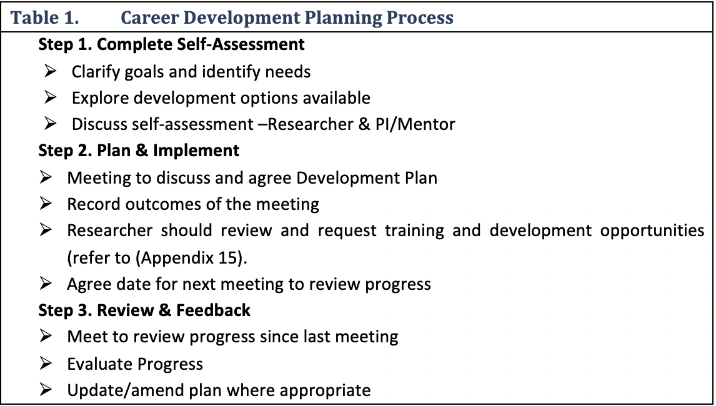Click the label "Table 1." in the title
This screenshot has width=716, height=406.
pyautogui.click(x=44, y=17)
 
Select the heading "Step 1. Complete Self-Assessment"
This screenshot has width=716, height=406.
pyautogui.click(x=171, y=44)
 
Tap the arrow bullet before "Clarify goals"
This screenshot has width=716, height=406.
pyautogui.click(x=50, y=71)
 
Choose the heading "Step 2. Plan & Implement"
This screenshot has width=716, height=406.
pyautogui.click(x=139, y=151)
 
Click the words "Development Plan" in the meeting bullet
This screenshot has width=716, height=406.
pyautogui.click(x=367, y=177)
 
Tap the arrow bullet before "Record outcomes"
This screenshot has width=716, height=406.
pyautogui.click(x=46, y=204)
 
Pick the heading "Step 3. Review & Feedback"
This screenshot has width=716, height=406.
pyautogui.click(x=144, y=310)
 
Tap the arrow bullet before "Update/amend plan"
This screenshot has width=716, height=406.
pyautogui.click(x=46, y=390)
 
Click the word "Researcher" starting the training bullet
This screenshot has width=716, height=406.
pyautogui.click(x=109, y=230)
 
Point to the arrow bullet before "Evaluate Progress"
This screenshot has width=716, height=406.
pyautogui.click(x=46, y=363)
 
